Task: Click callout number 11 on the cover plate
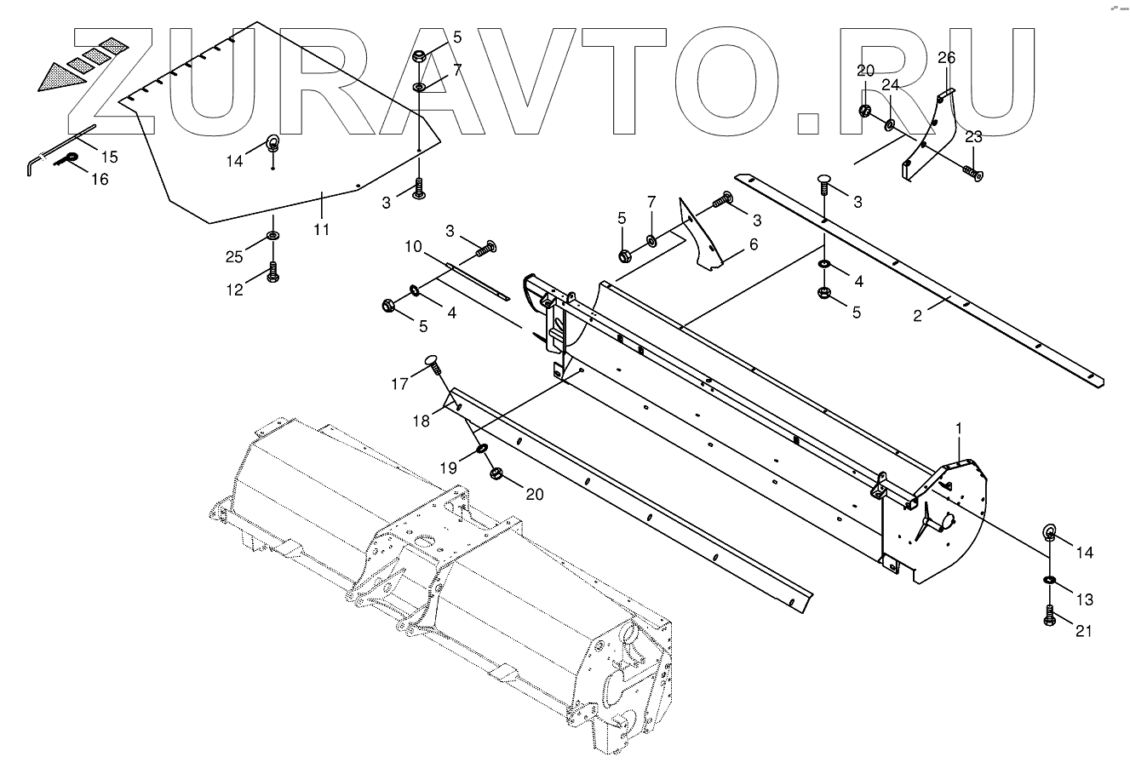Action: pyautogui.click(x=323, y=229)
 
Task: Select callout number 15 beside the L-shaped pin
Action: pyautogui.click(x=110, y=157)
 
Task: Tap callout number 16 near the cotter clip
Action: pyautogui.click(x=100, y=179)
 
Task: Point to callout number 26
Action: pyautogui.click(x=947, y=58)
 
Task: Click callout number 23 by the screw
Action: pyautogui.click(x=973, y=136)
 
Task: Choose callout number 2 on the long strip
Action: pyautogui.click(x=917, y=315)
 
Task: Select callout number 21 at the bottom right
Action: pyautogui.click(x=1083, y=631)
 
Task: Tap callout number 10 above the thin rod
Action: pyautogui.click(x=413, y=247)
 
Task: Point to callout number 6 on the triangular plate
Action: pyautogui.click(x=753, y=244)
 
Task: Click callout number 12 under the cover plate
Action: pyautogui.click(x=235, y=290)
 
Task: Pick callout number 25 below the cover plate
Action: pyautogui.click(x=235, y=256)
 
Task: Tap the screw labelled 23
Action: pyautogui.click(x=972, y=174)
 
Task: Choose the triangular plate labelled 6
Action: pyautogui.click(x=703, y=236)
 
